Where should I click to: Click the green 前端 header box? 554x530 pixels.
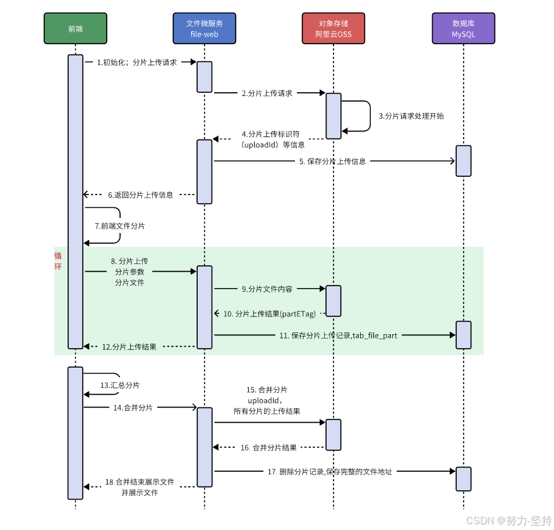(x=75, y=28)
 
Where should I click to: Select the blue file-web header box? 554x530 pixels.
(x=204, y=28)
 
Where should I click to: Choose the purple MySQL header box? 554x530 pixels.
(x=463, y=28)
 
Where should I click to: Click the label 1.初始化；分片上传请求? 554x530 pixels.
(x=136, y=63)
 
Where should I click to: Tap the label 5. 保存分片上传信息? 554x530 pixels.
(x=332, y=161)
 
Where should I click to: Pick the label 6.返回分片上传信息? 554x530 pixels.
(x=140, y=195)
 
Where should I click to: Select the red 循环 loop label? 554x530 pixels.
(x=58, y=261)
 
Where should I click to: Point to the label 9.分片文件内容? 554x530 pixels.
(x=267, y=289)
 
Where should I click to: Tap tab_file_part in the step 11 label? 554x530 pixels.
(x=375, y=335)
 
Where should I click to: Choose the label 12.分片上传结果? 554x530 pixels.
(x=129, y=347)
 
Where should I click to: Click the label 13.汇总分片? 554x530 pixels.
(x=119, y=385)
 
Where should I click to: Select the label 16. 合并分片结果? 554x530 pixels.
(x=268, y=447)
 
